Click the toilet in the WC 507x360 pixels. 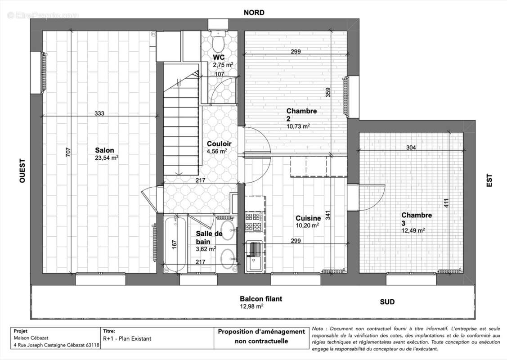[x=219, y=42]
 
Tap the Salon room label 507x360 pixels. [x=104, y=150]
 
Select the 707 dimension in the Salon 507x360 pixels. [x=68, y=153]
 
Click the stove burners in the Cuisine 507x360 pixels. [x=253, y=221]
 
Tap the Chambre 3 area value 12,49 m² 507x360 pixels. [x=413, y=230]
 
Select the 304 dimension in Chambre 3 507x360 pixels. [x=411, y=147]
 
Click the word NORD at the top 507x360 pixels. [x=254, y=13]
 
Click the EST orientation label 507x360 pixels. [x=489, y=180]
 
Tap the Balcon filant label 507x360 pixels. [x=261, y=299]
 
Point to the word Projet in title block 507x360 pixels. [x=21, y=331]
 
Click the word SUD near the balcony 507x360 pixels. [x=387, y=302]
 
